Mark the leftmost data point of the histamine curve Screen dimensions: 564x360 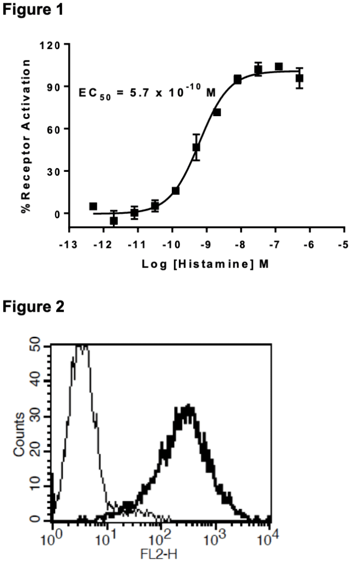93,206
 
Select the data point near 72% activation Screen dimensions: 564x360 217,112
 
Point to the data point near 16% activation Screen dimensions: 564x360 176,191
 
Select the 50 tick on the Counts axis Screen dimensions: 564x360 37,346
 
